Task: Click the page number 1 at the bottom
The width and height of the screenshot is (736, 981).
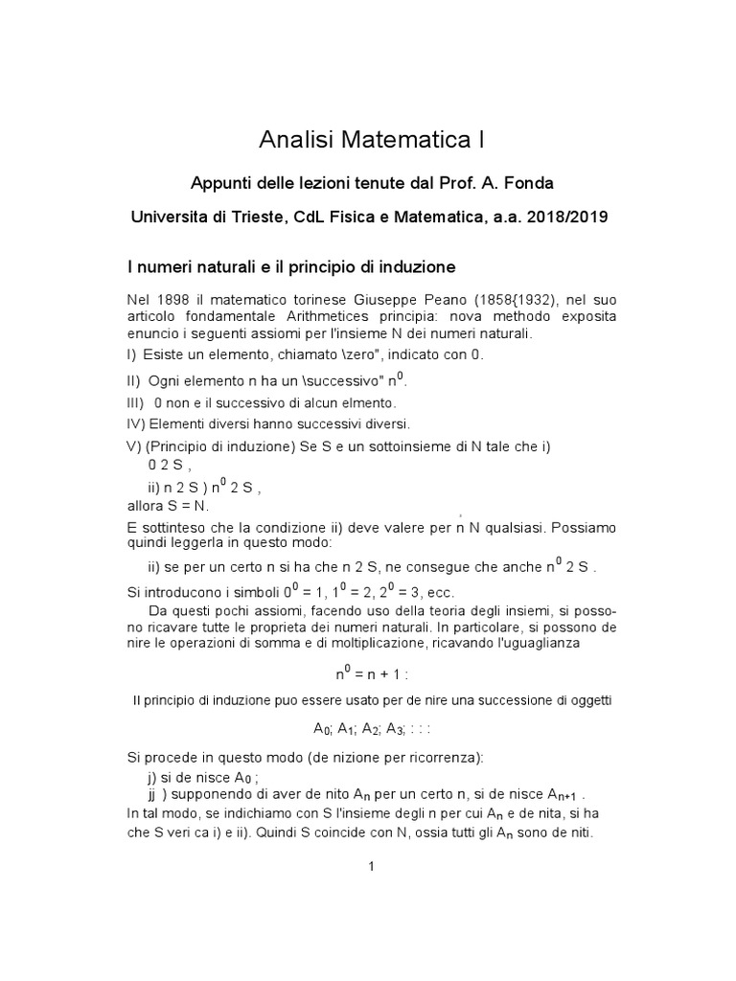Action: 369,868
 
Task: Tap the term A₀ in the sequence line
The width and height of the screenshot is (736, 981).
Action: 322,729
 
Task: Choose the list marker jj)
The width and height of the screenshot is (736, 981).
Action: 152,795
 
